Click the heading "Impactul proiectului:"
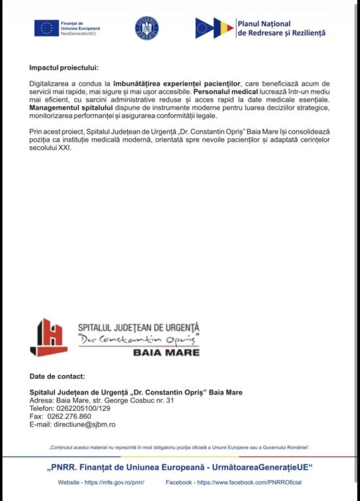[64, 68]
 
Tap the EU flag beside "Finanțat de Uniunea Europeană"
[46, 27]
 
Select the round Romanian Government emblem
[146, 28]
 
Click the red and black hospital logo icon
[48, 337]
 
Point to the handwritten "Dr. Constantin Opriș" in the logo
[138, 339]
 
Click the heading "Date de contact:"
[57, 376]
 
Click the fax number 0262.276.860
[69, 416]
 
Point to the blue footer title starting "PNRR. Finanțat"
[180, 468]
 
